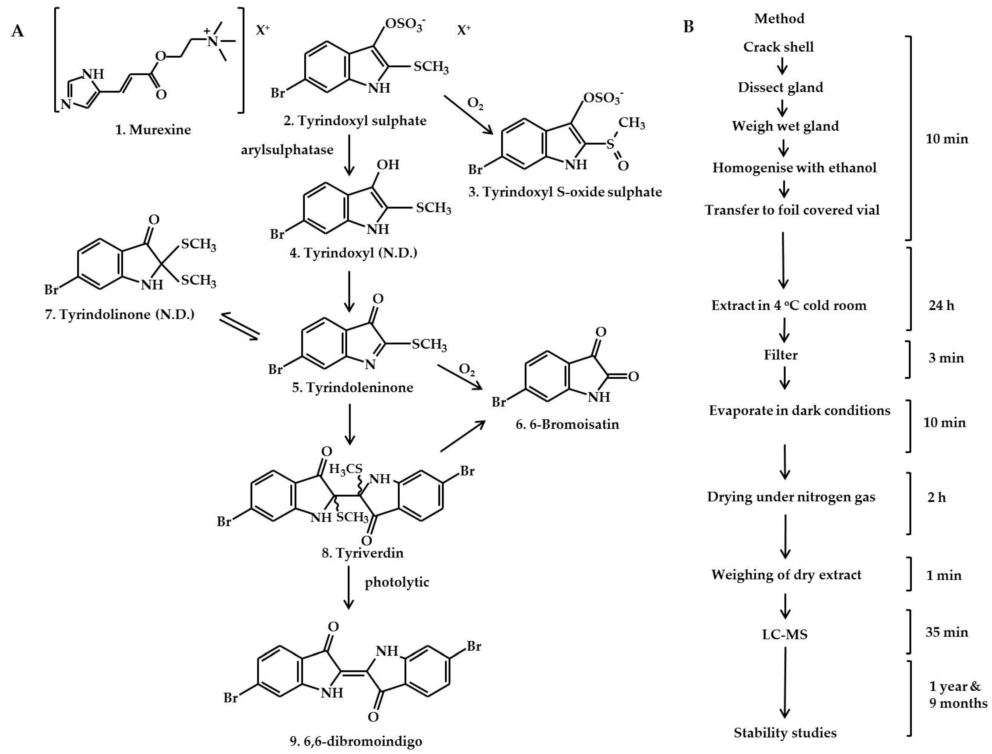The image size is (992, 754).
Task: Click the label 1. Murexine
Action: (x=153, y=130)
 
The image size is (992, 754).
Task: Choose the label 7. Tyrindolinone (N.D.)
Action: (x=120, y=314)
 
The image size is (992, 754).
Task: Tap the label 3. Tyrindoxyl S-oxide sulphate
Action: (x=565, y=192)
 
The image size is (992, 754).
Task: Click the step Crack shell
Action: (x=778, y=47)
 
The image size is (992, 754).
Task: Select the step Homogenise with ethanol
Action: (x=794, y=168)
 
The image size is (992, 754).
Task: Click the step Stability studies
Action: (x=785, y=733)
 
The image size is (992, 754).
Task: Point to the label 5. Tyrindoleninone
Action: (x=353, y=387)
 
